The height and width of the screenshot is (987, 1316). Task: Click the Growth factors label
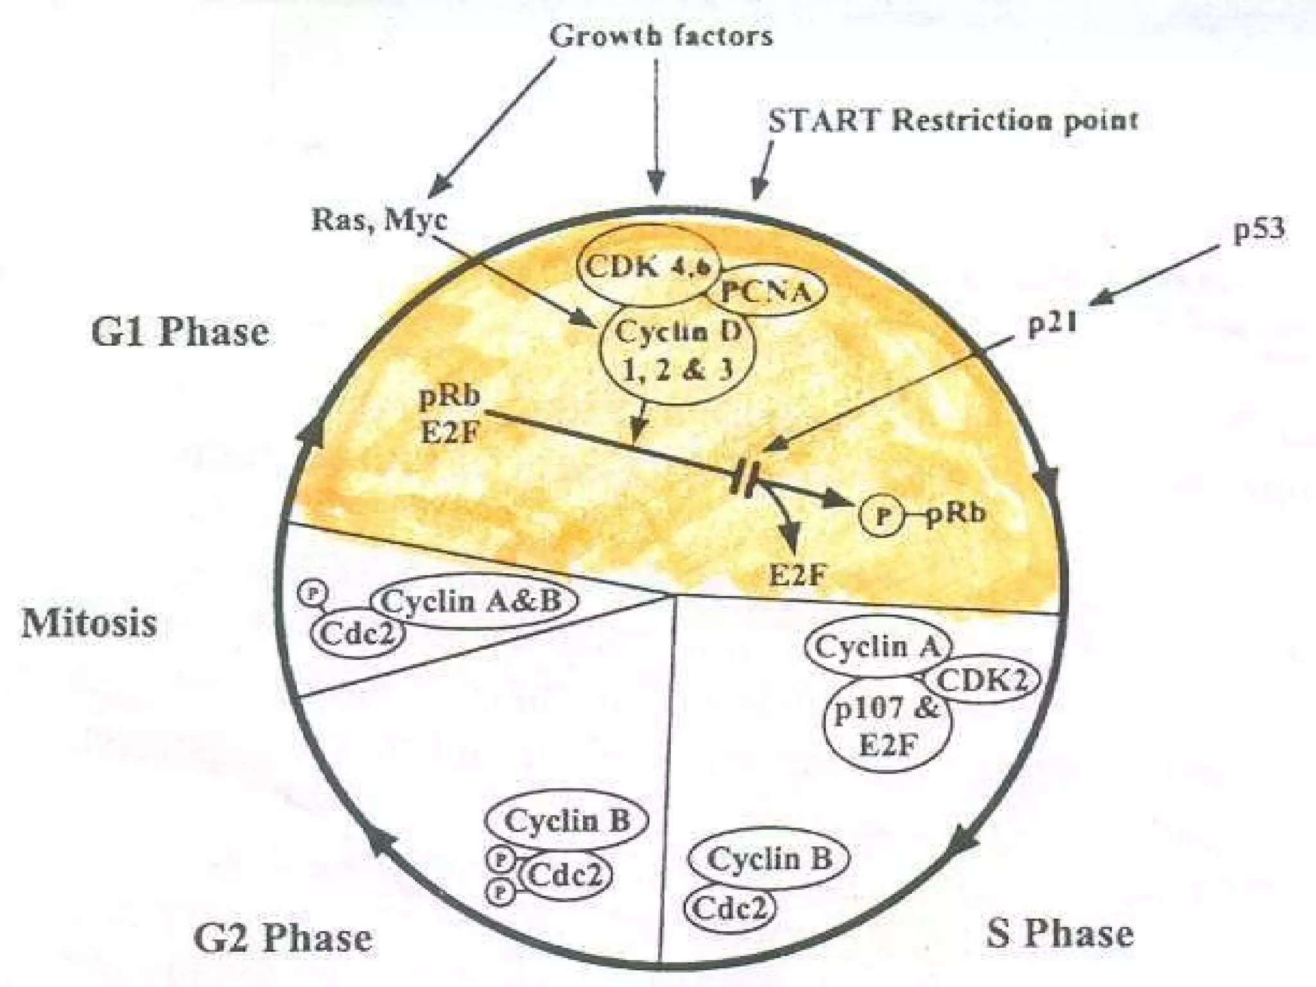pos(661,36)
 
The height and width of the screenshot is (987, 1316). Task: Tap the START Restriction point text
pos(953,121)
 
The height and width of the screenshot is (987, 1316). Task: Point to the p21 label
pos(1052,325)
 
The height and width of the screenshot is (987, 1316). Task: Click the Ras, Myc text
pos(379,220)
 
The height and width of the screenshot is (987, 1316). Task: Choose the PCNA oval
pos(766,293)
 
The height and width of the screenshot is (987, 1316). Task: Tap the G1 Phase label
pos(179,332)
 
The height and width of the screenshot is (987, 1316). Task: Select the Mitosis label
pos(89,623)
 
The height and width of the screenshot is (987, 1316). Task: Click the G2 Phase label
pos(283,938)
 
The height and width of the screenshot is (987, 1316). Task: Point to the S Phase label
pos(1060,933)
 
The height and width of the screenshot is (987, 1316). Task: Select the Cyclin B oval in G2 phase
pos(566,821)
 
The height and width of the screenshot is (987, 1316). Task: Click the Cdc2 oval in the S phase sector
pos(730,909)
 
